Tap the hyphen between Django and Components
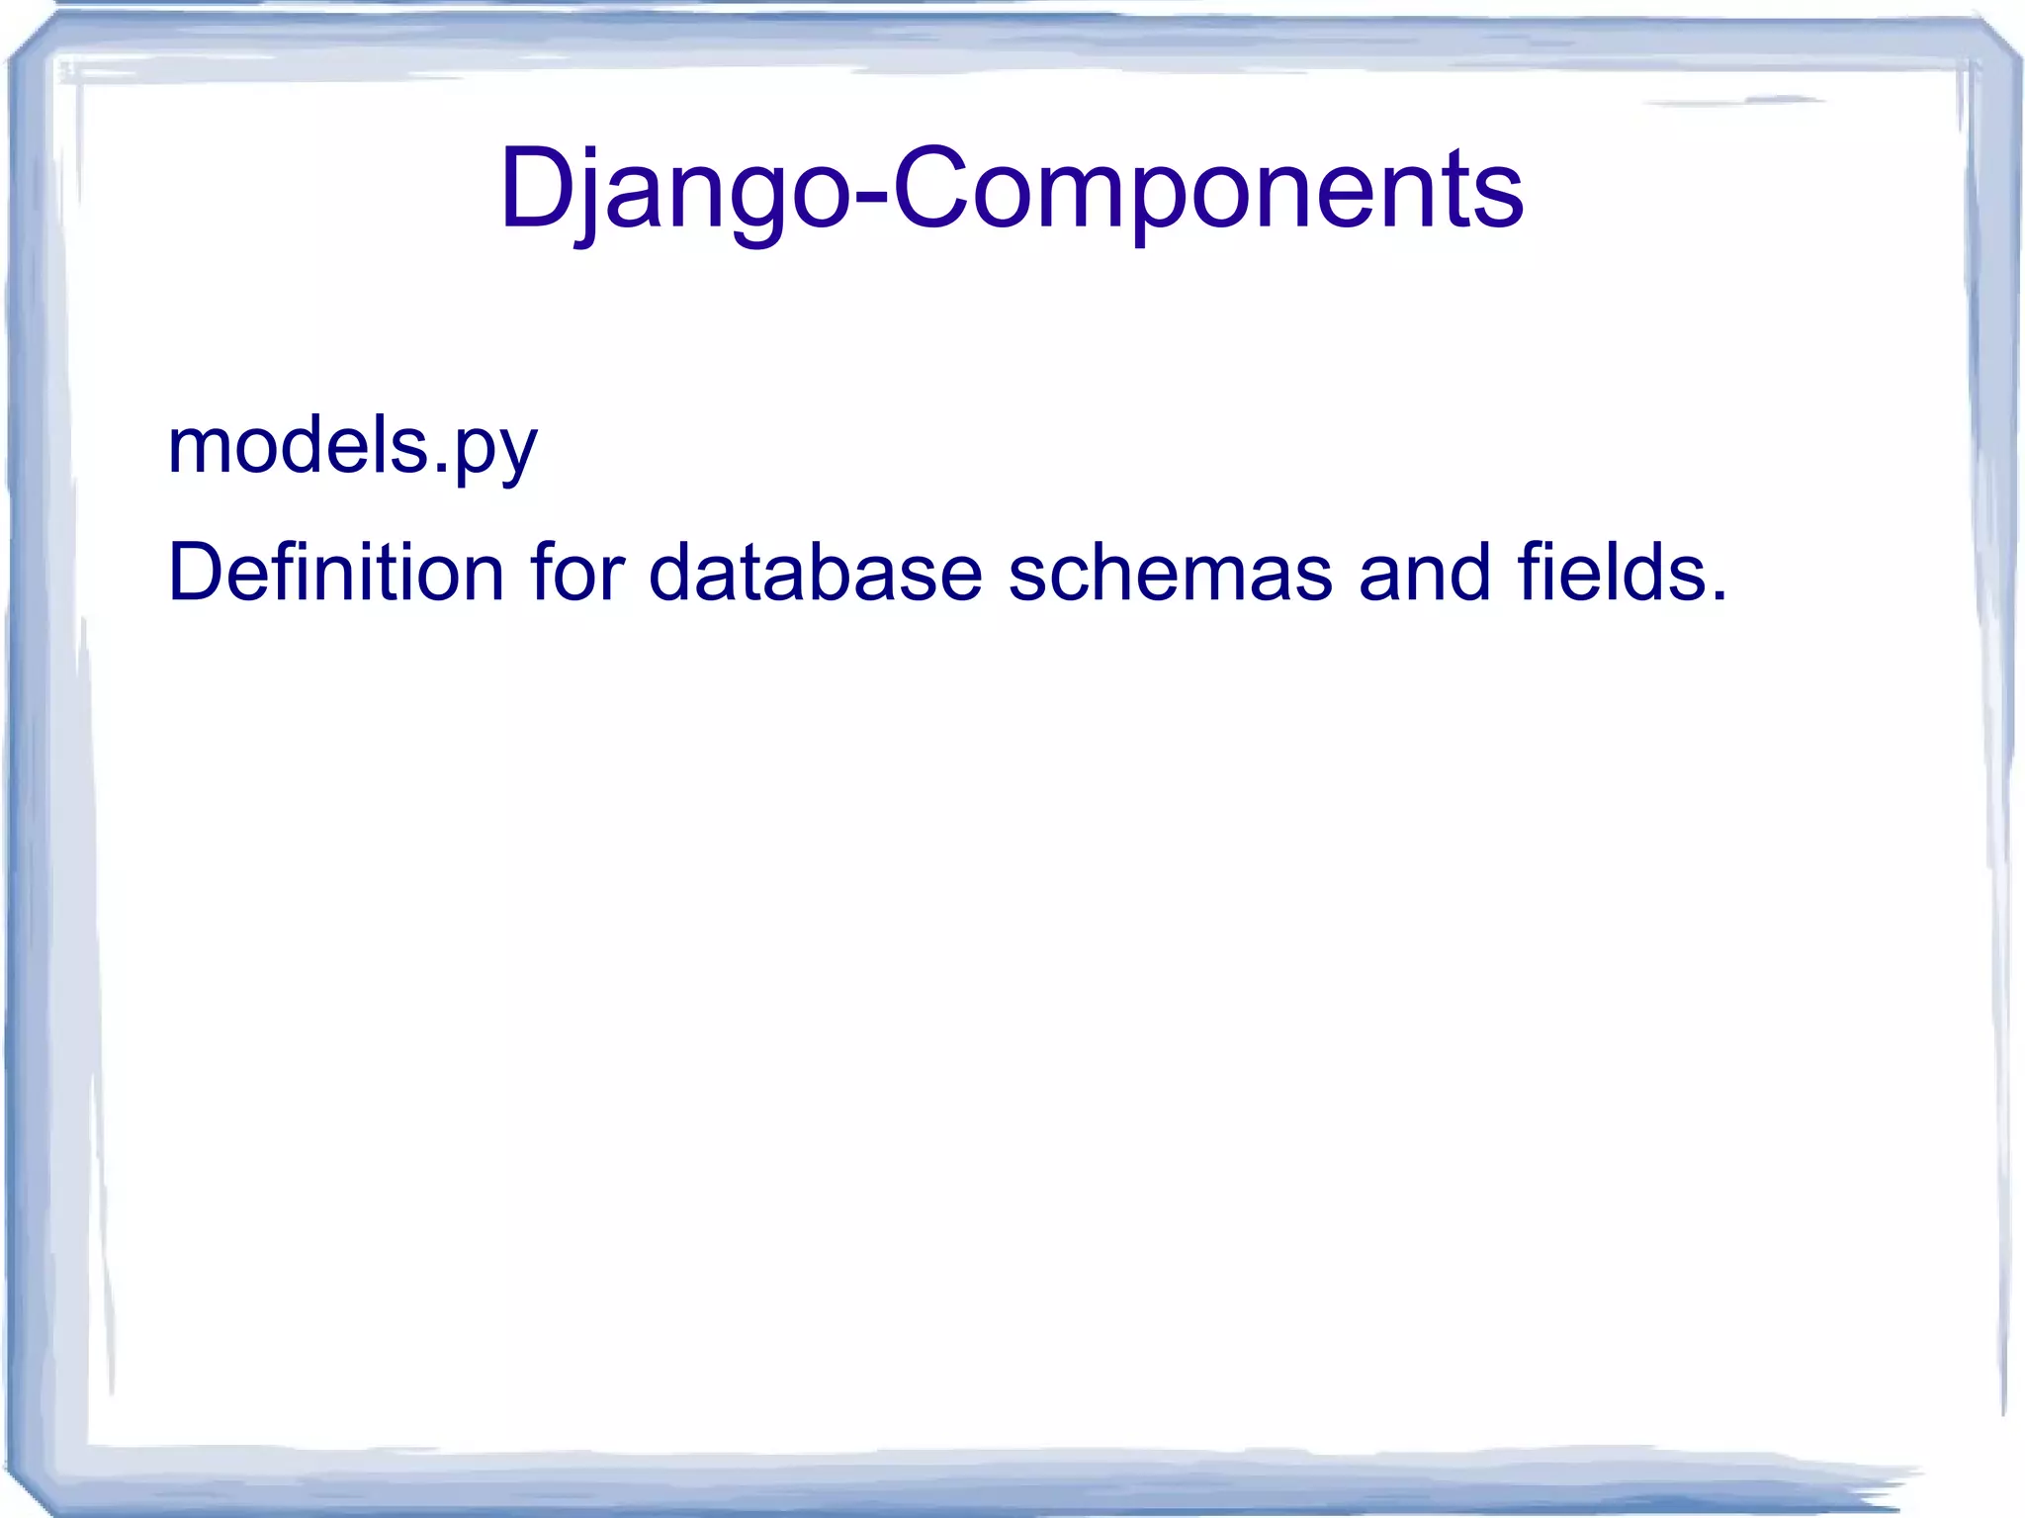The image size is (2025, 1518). [870, 195]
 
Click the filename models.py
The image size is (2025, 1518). [352, 447]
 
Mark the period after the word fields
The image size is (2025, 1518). [1717, 596]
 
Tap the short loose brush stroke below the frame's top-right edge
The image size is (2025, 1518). [1740, 101]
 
